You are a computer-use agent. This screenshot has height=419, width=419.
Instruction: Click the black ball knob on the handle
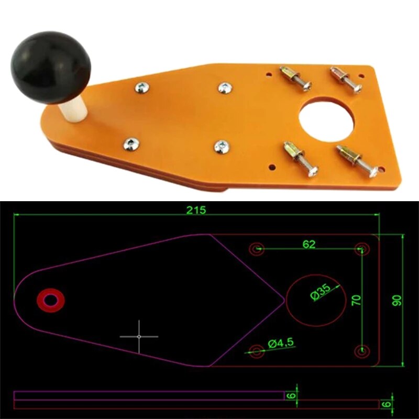[x=50, y=66]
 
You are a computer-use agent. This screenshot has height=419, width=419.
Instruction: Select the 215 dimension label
[x=196, y=210]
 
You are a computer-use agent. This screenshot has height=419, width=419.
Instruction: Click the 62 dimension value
[x=309, y=244]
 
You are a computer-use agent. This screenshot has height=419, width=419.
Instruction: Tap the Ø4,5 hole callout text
[x=281, y=343]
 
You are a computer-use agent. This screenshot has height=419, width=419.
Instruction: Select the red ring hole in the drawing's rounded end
[x=51, y=299]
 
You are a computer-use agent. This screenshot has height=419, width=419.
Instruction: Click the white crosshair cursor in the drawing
[x=139, y=336]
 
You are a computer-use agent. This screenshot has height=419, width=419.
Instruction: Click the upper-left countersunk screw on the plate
[x=141, y=87]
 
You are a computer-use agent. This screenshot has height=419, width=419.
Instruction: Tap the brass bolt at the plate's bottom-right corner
[x=357, y=160]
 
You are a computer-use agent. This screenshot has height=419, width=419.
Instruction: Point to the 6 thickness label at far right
[x=387, y=404]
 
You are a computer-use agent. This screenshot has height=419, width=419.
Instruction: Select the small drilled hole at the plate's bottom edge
[x=272, y=168]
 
